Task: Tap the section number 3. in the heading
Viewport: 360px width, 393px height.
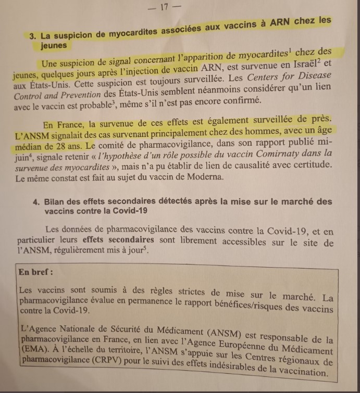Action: (33, 36)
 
